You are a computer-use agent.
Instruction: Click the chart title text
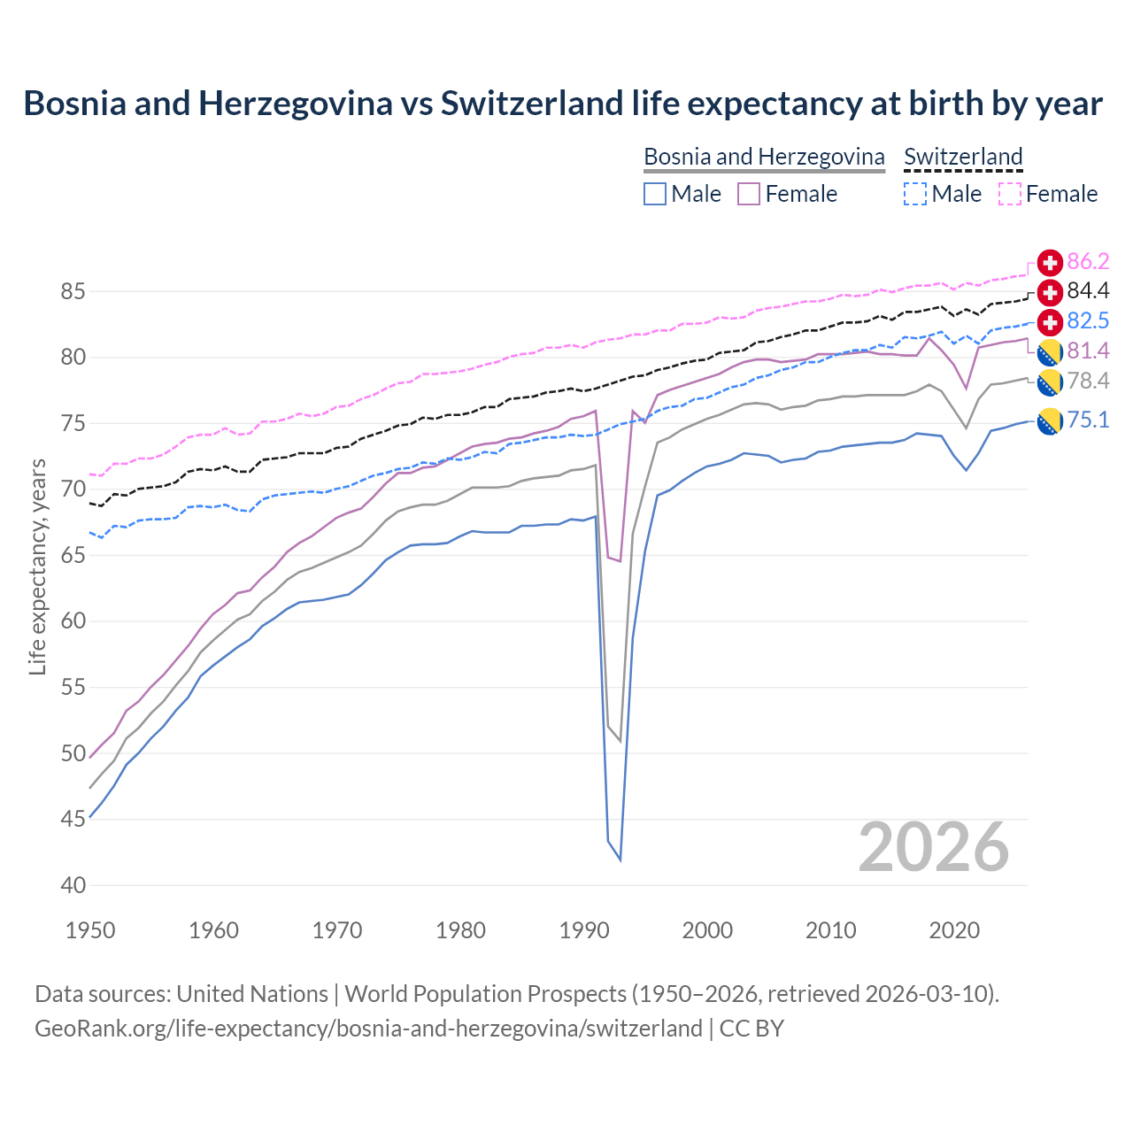pyautogui.click(x=563, y=104)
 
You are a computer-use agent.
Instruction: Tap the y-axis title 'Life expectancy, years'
pyautogui.click(x=37, y=566)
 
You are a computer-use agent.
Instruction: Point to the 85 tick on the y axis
pyautogui.click(x=73, y=291)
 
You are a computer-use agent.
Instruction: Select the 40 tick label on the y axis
pyautogui.click(x=73, y=885)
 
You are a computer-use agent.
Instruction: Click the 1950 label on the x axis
pyautogui.click(x=90, y=930)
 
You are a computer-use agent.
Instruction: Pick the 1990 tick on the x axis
pyautogui.click(x=584, y=930)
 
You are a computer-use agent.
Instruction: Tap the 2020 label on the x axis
pyautogui.click(x=954, y=930)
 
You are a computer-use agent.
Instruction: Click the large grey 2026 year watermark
pyautogui.click(x=934, y=847)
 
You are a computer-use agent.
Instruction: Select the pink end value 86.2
pyautogui.click(x=1088, y=261)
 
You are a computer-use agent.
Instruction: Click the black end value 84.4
pyautogui.click(x=1088, y=291)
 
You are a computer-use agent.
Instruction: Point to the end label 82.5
pyautogui.click(x=1088, y=320)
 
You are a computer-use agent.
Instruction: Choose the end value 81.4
pyautogui.click(x=1088, y=351)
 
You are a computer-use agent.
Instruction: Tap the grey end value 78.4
pyautogui.click(x=1088, y=381)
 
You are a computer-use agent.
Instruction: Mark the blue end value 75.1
pyautogui.click(x=1088, y=420)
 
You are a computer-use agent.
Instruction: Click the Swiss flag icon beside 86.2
pyautogui.click(x=1050, y=262)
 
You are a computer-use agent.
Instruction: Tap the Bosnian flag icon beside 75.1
pyautogui.click(x=1050, y=421)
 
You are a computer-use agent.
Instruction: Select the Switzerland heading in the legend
pyautogui.click(x=963, y=157)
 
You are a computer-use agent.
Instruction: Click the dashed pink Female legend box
pyautogui.click(x=1010, y=194)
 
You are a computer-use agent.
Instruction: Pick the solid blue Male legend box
pyautogui.click(x=655, y=194)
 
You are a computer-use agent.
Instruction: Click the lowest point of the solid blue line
pyautogui.click(x=620, y=859)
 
